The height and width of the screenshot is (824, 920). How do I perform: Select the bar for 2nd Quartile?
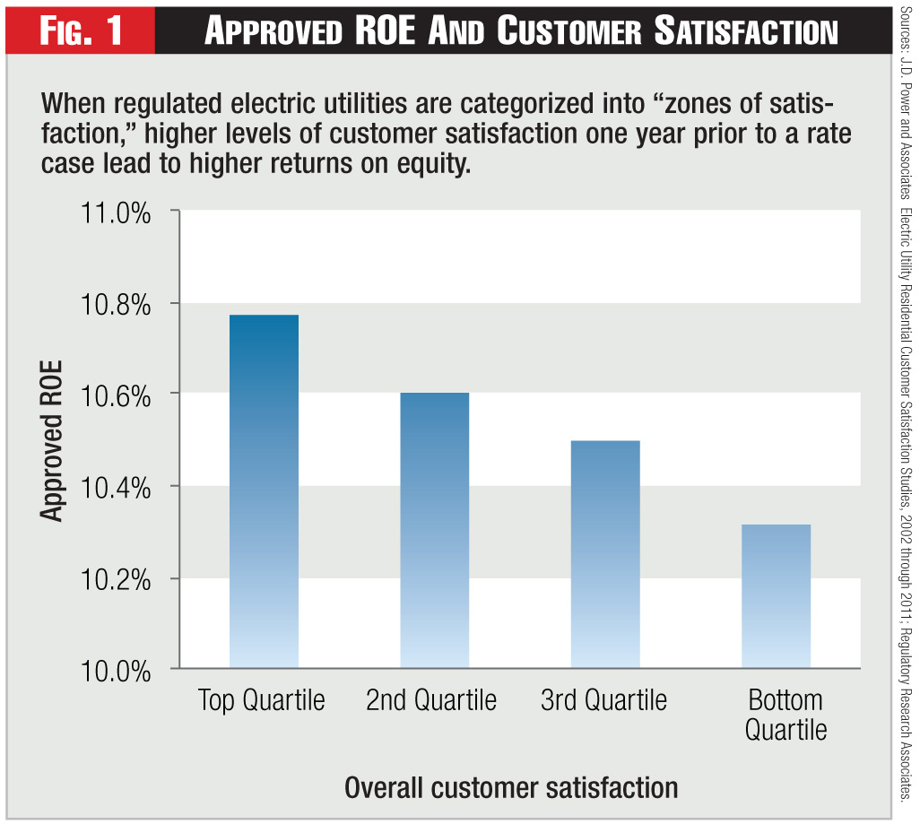[434, 530]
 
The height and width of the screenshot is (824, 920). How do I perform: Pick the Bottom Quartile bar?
[776, 596]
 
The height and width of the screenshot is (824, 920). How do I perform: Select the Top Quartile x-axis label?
[262, 700]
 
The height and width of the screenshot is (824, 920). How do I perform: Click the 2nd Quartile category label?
[431, 700]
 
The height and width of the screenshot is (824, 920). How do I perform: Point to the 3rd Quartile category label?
[604, 700]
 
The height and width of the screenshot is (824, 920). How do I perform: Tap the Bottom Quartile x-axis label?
[785, 714]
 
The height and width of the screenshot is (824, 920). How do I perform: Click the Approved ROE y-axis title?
[52, 440]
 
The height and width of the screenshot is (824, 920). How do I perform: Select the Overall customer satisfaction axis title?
[511, 788]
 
